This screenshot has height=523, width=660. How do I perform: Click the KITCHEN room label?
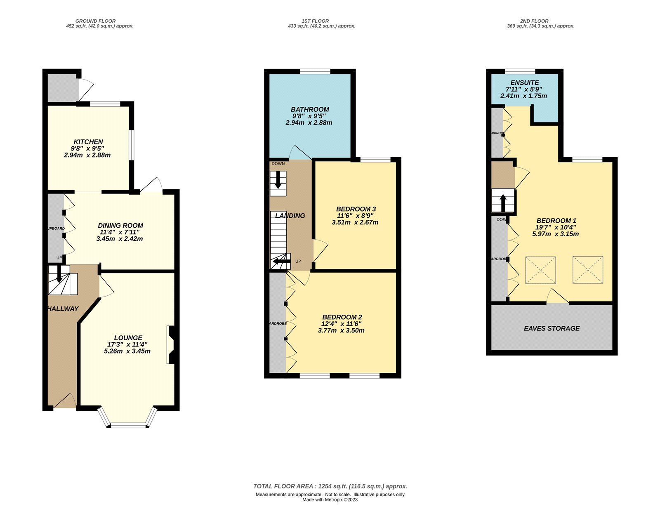click(88, 141)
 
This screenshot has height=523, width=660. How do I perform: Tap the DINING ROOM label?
click(120, 225)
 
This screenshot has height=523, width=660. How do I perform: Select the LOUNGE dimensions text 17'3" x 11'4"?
click(127, 344)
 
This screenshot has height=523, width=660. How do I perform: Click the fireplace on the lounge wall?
click(171, 345)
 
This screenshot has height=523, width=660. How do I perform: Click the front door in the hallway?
click(65, 401)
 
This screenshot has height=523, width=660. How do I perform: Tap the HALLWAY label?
click(62, 309)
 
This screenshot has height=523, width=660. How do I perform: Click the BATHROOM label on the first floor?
click(310, 109)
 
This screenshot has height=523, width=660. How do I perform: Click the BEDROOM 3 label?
click(356, 209)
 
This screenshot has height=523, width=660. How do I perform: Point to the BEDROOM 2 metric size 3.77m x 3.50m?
click(341, 330)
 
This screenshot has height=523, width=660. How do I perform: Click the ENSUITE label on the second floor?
click(524, 82)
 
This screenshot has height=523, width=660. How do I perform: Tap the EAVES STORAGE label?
click(552, 328)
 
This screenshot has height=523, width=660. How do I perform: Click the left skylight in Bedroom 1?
click(540, 270)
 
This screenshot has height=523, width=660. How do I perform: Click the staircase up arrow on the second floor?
click(503, 203)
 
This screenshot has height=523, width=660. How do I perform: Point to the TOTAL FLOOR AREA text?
click(330, 486)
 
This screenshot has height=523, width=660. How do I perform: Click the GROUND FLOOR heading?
click(95, 21)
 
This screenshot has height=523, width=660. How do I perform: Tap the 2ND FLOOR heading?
click(534, 21)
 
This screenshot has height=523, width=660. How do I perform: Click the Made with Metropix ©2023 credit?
click(330, 500)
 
